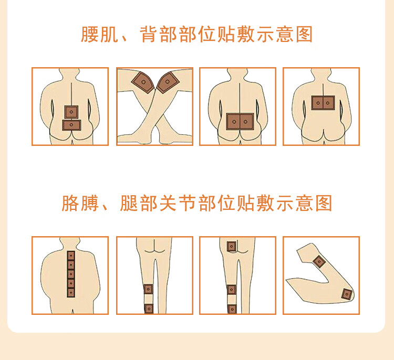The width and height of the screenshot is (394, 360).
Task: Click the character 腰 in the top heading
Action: pos(89,35)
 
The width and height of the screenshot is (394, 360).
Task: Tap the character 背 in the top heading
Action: pos(149,35)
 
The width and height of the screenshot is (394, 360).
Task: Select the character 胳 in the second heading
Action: pos(70,203)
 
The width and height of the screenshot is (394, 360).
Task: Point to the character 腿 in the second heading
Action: pos(129,203)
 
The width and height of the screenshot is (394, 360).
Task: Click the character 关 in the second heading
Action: pos(168,203)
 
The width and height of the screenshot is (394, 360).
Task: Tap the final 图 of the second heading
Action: pos(324,203)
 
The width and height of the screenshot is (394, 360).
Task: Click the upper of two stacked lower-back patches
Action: pos(71,112)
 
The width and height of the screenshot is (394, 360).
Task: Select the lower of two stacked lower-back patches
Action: pos(71,125)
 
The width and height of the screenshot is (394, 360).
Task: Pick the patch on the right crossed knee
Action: pos(168,82)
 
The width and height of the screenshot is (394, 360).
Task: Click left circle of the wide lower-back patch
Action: pos(234,122)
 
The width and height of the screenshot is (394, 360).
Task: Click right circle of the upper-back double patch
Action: pos(328,103)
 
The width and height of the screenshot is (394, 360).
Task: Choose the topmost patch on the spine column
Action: pos(71,256)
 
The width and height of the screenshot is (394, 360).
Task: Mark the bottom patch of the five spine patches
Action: pos(71,292)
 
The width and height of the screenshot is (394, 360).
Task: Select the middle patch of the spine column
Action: pos(71,274)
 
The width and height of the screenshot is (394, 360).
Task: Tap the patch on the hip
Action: pos(232,247)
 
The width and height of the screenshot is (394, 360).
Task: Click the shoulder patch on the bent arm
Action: pos(319,262)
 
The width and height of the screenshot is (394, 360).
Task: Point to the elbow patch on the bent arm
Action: pos(347,294)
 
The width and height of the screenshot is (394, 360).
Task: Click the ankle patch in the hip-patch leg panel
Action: pos(232,309)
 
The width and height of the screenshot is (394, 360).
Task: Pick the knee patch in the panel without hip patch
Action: pos(148,289)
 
